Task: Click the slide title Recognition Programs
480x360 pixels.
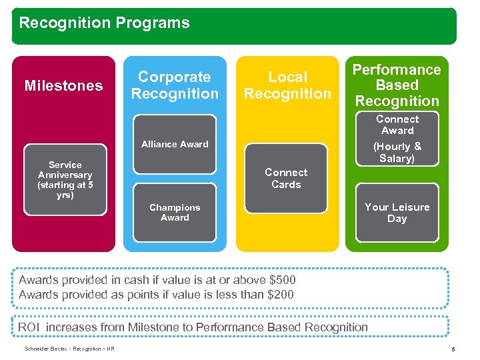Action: click(x=104, y=23)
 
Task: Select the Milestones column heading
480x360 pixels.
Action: click(x=64, y=85)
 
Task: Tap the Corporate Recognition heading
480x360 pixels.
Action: click(x=175, y=85)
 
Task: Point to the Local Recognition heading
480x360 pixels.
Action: click(x=287, y=85)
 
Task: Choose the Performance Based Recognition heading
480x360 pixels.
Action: click(x=397, y=85)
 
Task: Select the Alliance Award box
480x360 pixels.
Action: click(x=175, y=144)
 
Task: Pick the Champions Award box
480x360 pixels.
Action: click(x=175, y=213)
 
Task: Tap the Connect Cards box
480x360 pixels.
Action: click(x=286, y=178)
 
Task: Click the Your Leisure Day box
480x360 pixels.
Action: click(x=397, y=213)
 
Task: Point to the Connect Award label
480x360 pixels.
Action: click(x=397, y=125)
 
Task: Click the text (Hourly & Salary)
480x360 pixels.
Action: click(x=397, y=152)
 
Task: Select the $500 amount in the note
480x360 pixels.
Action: click(x=280, y=280)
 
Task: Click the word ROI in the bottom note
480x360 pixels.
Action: click(x=29, y=327)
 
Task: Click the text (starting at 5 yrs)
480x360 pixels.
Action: click(x=65, y=191)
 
